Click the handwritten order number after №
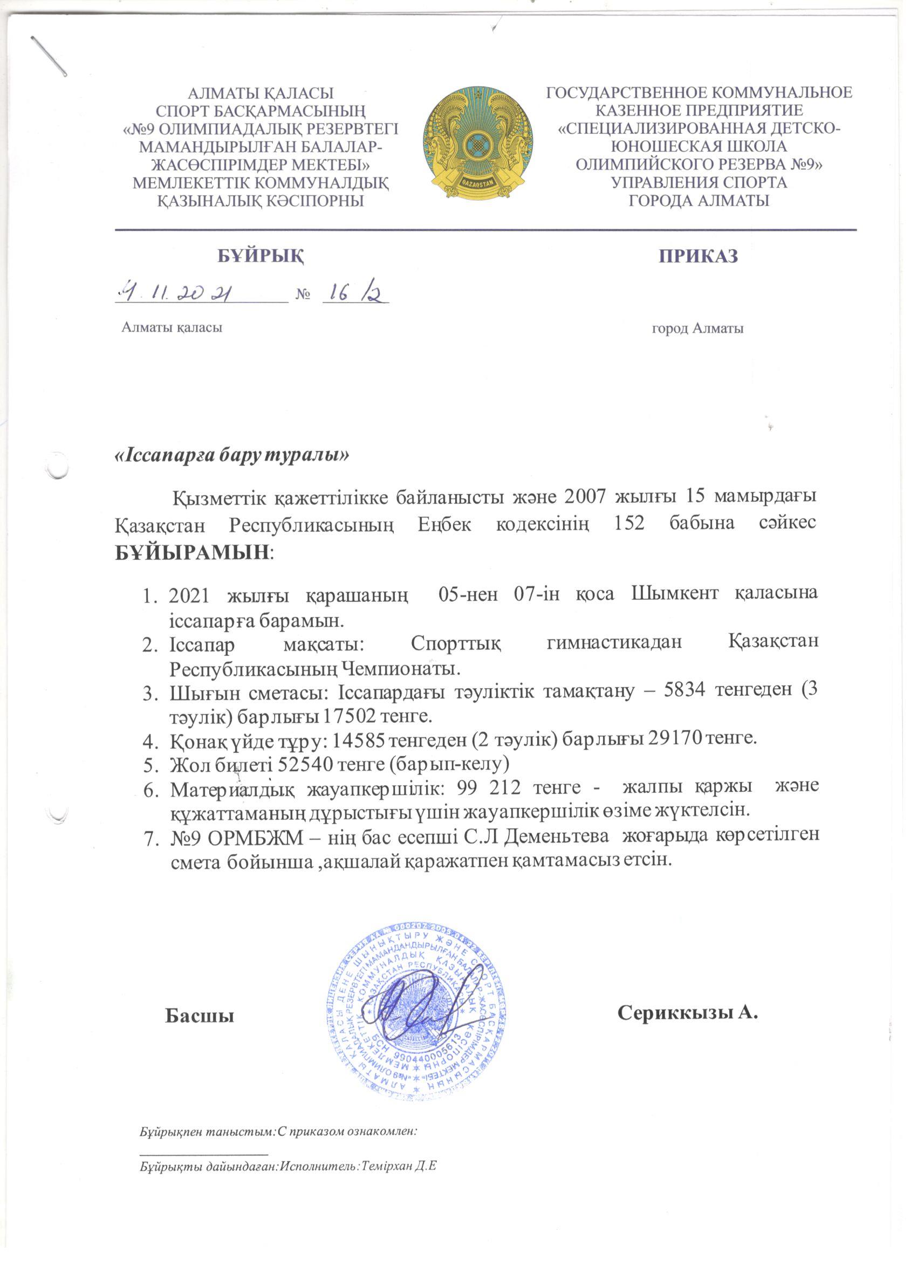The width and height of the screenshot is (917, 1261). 355,292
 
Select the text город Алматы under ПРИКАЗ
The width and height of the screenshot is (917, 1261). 698,328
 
